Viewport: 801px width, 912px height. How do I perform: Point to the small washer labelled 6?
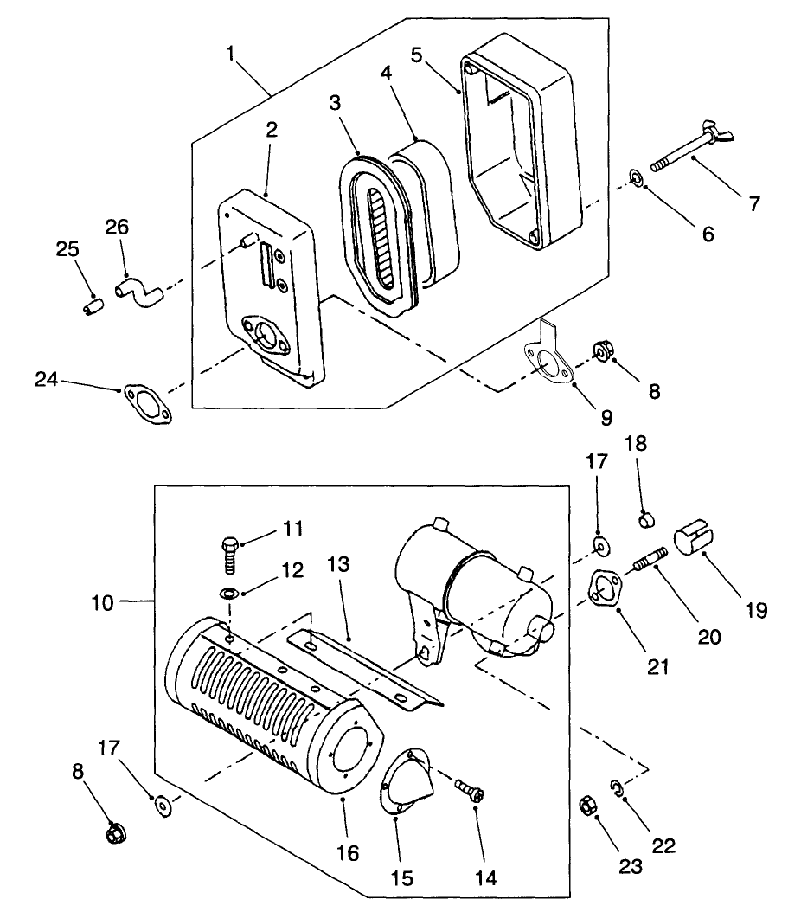click(635, 179)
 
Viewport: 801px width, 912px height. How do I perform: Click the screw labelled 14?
click(470, 790)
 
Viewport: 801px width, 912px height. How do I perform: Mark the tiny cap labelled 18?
click(644, 519)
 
